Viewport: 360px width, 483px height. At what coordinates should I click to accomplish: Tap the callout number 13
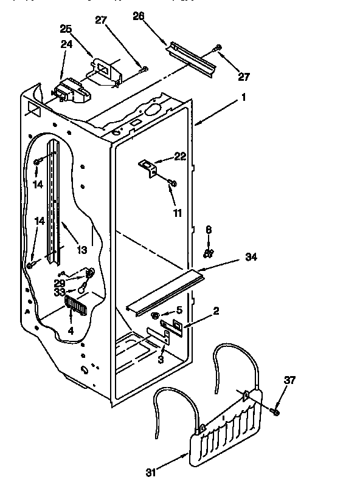coord(81,250)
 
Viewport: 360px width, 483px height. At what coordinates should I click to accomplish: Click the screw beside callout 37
coord(274,413)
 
